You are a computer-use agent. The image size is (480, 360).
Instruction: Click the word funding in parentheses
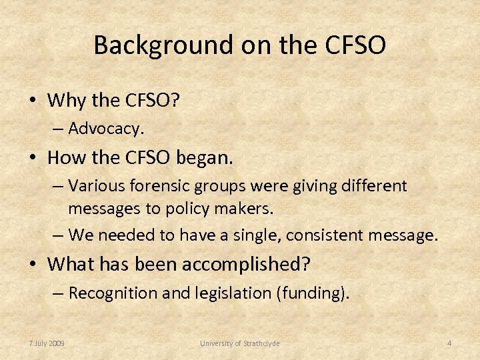[312, 293]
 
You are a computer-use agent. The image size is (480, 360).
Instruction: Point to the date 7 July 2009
[47, 343]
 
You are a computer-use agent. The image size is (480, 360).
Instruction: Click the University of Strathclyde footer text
[240, 343]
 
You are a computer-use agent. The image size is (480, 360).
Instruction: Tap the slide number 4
[449, 343]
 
